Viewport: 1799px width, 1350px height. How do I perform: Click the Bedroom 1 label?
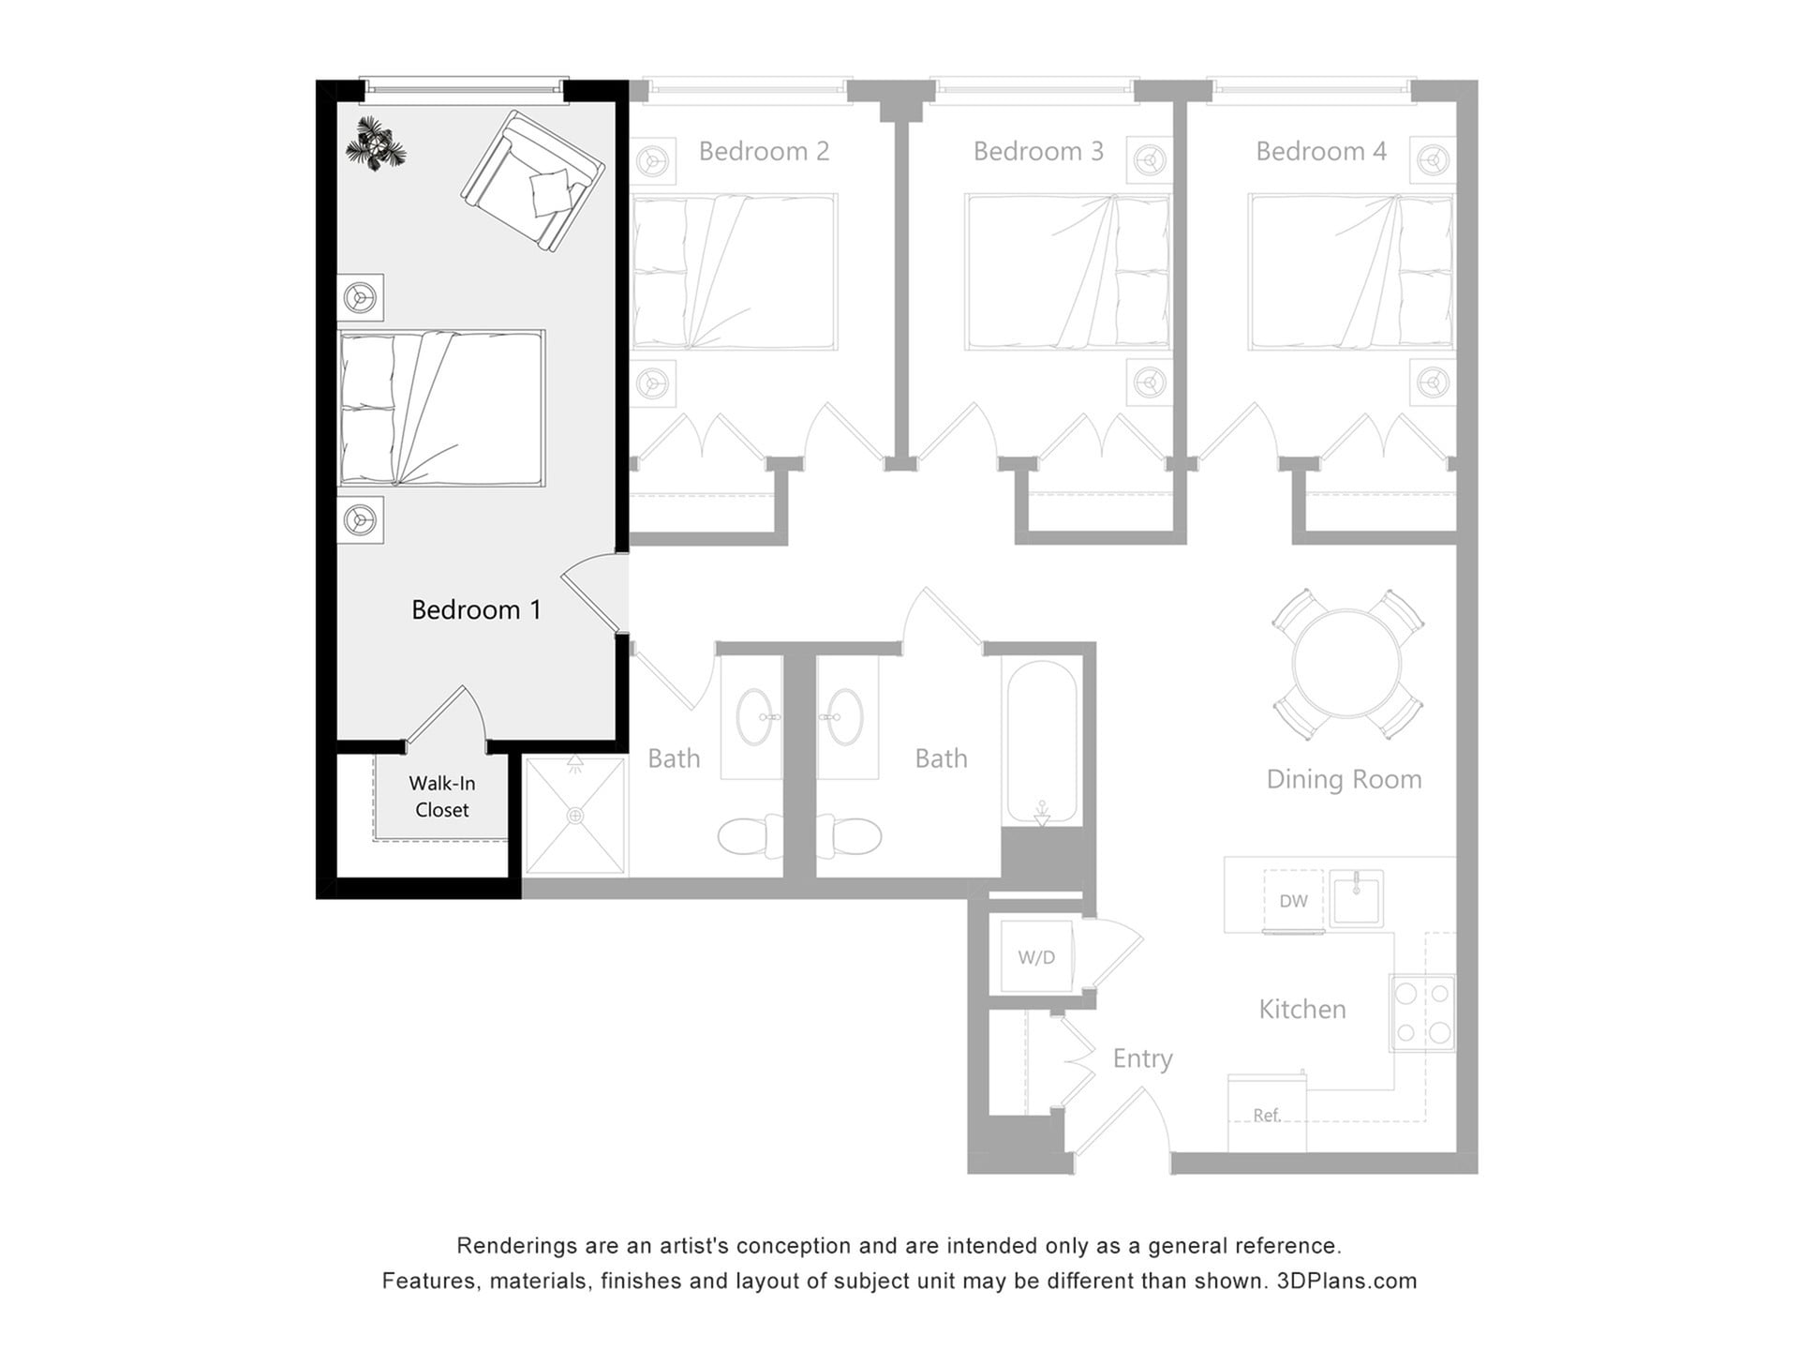coord(476,610)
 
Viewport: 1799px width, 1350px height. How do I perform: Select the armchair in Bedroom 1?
coord(531,181)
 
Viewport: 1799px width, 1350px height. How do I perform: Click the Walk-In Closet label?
coord(441,797)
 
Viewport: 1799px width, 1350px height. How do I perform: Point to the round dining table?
coord(1346,664)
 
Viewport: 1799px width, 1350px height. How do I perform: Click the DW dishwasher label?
coord(1293,901)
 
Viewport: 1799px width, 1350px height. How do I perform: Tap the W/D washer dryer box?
coord(1036,957)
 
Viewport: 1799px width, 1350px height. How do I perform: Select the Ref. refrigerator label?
coord(1266,1115)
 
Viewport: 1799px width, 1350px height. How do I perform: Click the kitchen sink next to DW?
coord(1356,898)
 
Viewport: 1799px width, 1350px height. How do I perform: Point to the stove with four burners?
coord(1422,1013)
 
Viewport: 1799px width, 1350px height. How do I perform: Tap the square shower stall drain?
coord(575,817)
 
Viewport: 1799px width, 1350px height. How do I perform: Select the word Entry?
coord(1142,1058)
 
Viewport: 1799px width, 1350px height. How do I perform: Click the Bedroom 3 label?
coord(1038,151)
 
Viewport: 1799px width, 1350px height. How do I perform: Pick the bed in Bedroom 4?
coord(1350,272)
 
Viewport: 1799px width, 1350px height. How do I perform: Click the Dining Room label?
coord(1344,779)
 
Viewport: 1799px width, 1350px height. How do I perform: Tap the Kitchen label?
coord(1301,1009)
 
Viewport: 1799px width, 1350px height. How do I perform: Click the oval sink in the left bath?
coord(754,717)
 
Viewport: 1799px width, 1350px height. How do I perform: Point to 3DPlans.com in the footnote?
coord(1346,1281)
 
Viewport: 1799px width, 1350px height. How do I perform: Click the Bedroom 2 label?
coord(764,151)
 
